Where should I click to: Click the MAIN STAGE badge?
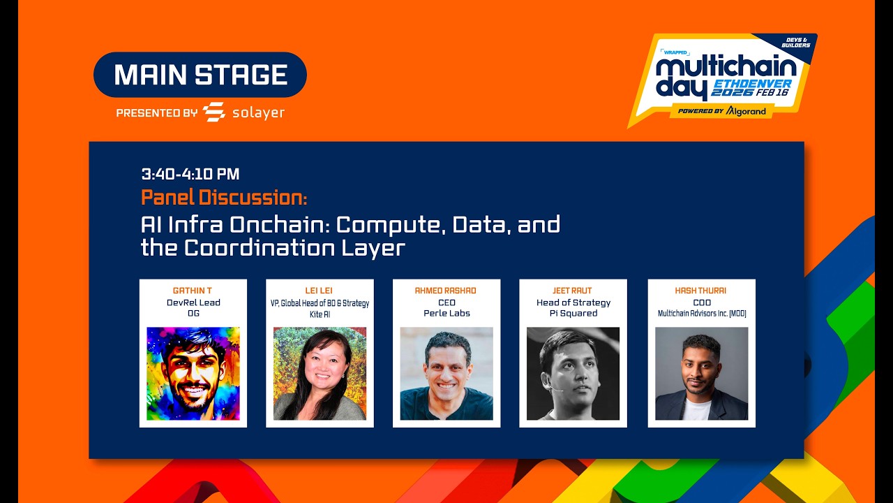[x=200, y=75]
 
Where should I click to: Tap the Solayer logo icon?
[x=214, y=112]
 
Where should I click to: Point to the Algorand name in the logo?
[x=746, y=111]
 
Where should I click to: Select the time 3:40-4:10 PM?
[x=190, y=174]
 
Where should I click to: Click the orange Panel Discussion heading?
[x=224, y=198]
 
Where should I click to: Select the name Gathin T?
[x=193, y=291]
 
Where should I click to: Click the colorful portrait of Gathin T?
[x=193, y=374]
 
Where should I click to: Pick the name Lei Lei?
[x=320, y=291]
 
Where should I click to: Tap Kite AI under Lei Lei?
[x=320, y=314]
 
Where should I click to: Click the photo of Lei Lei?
[x=320, y=374]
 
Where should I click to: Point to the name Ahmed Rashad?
[x=446, y=291]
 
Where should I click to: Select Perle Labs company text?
[x=446, y=314]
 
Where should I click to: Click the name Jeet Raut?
[x=573, y=291]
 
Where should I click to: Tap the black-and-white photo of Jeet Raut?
[x=573, y=374]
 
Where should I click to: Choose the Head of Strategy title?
[x=573, y=302]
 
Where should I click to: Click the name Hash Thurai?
[x=701, y=291]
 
